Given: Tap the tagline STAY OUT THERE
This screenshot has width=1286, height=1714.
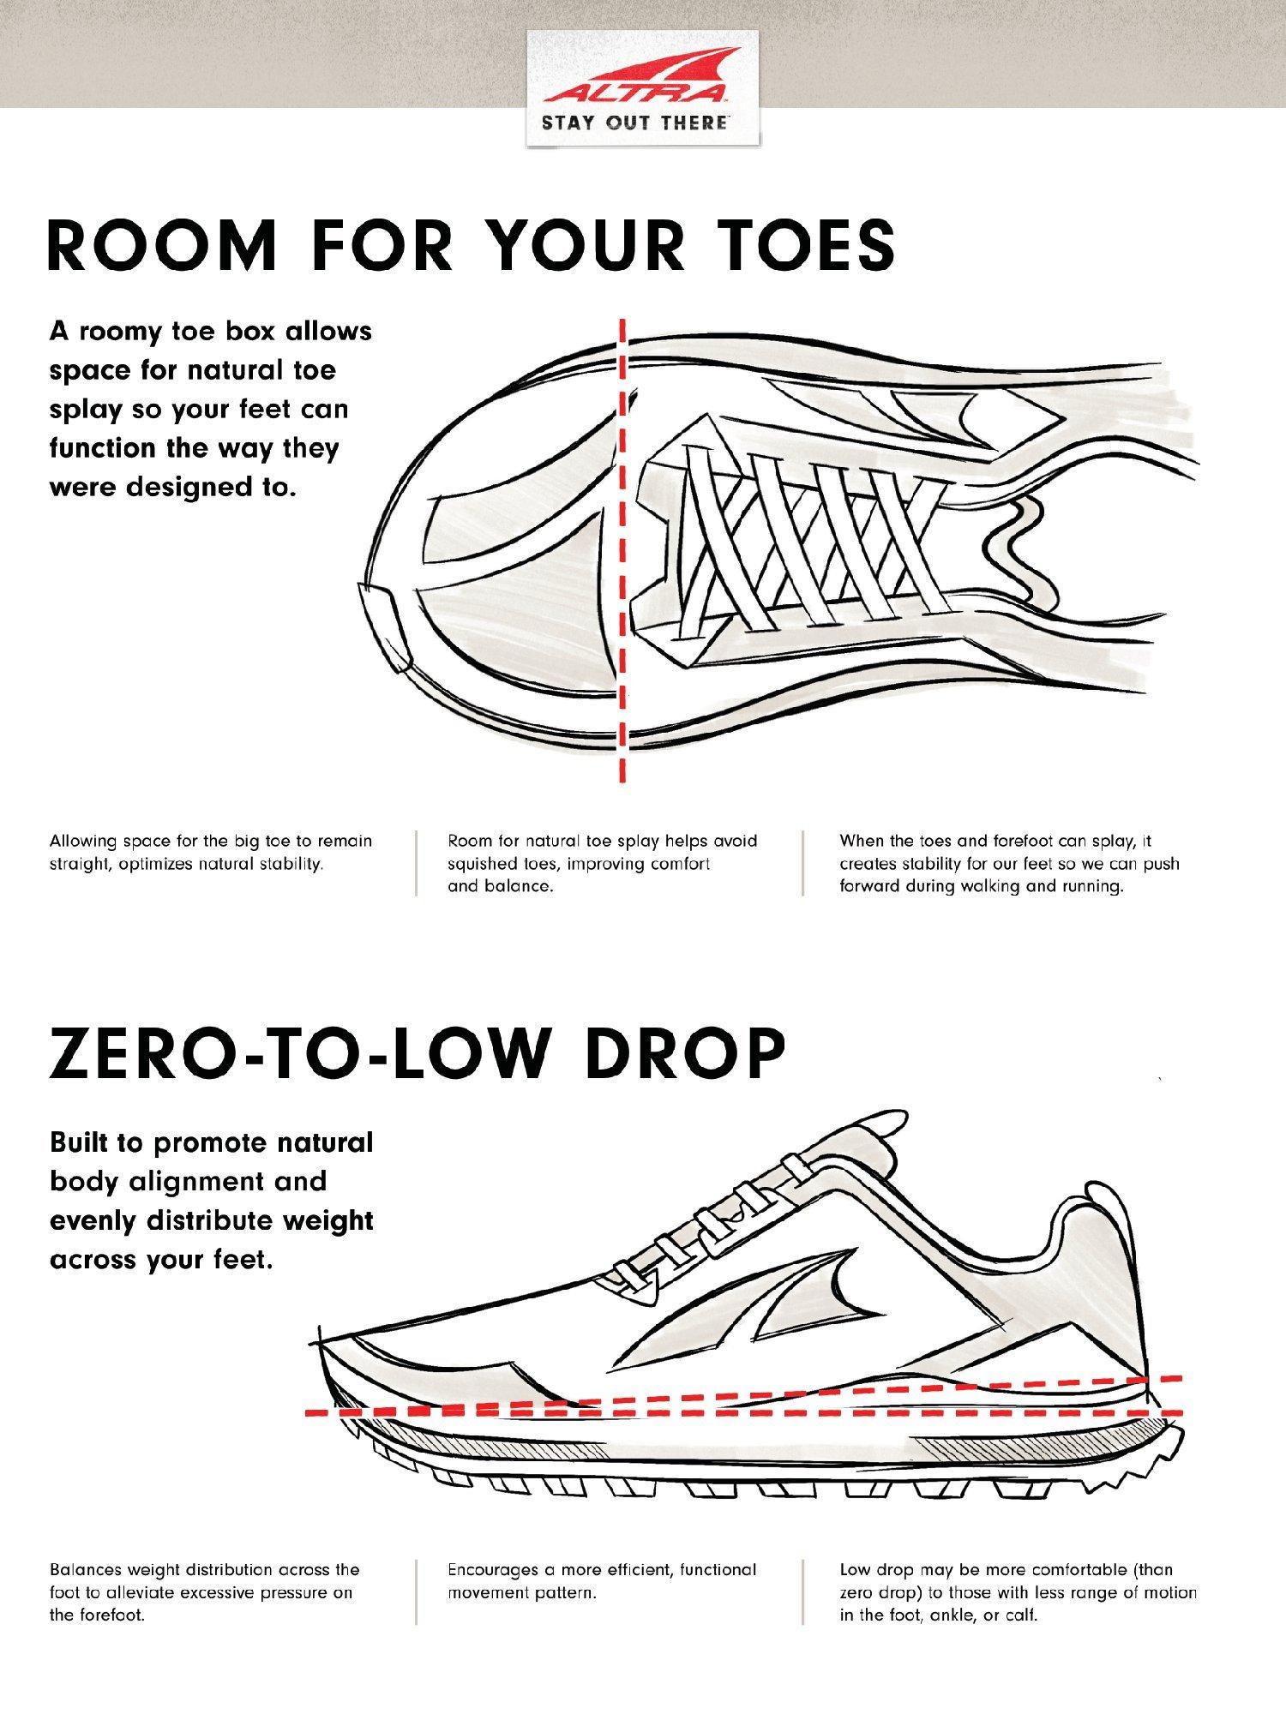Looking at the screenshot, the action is tap(634, 122).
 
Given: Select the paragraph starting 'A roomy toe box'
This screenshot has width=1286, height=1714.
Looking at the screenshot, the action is tap(211, 409).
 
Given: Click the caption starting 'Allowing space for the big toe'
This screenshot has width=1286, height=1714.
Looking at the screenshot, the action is tap(211, 852).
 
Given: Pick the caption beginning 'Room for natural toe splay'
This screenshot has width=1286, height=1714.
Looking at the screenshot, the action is tap(603, 863).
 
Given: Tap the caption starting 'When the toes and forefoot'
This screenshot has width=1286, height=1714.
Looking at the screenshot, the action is tap(1009, 863).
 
